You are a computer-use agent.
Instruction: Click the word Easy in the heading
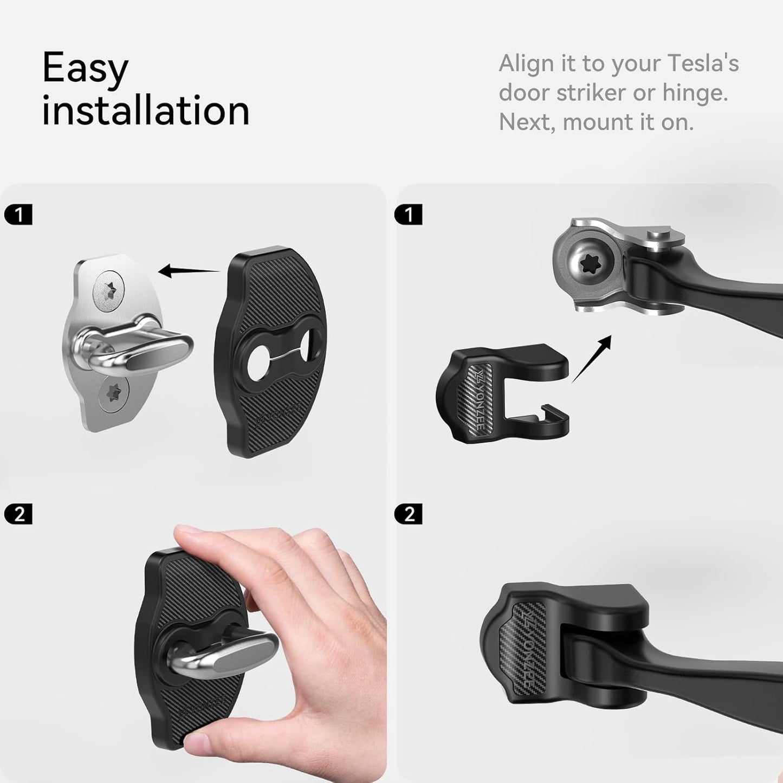click(85, 69)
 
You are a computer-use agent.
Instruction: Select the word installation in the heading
click(145, 111)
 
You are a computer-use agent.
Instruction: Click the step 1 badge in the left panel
click(18, 215)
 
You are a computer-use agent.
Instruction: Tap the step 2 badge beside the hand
click(18, 514)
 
